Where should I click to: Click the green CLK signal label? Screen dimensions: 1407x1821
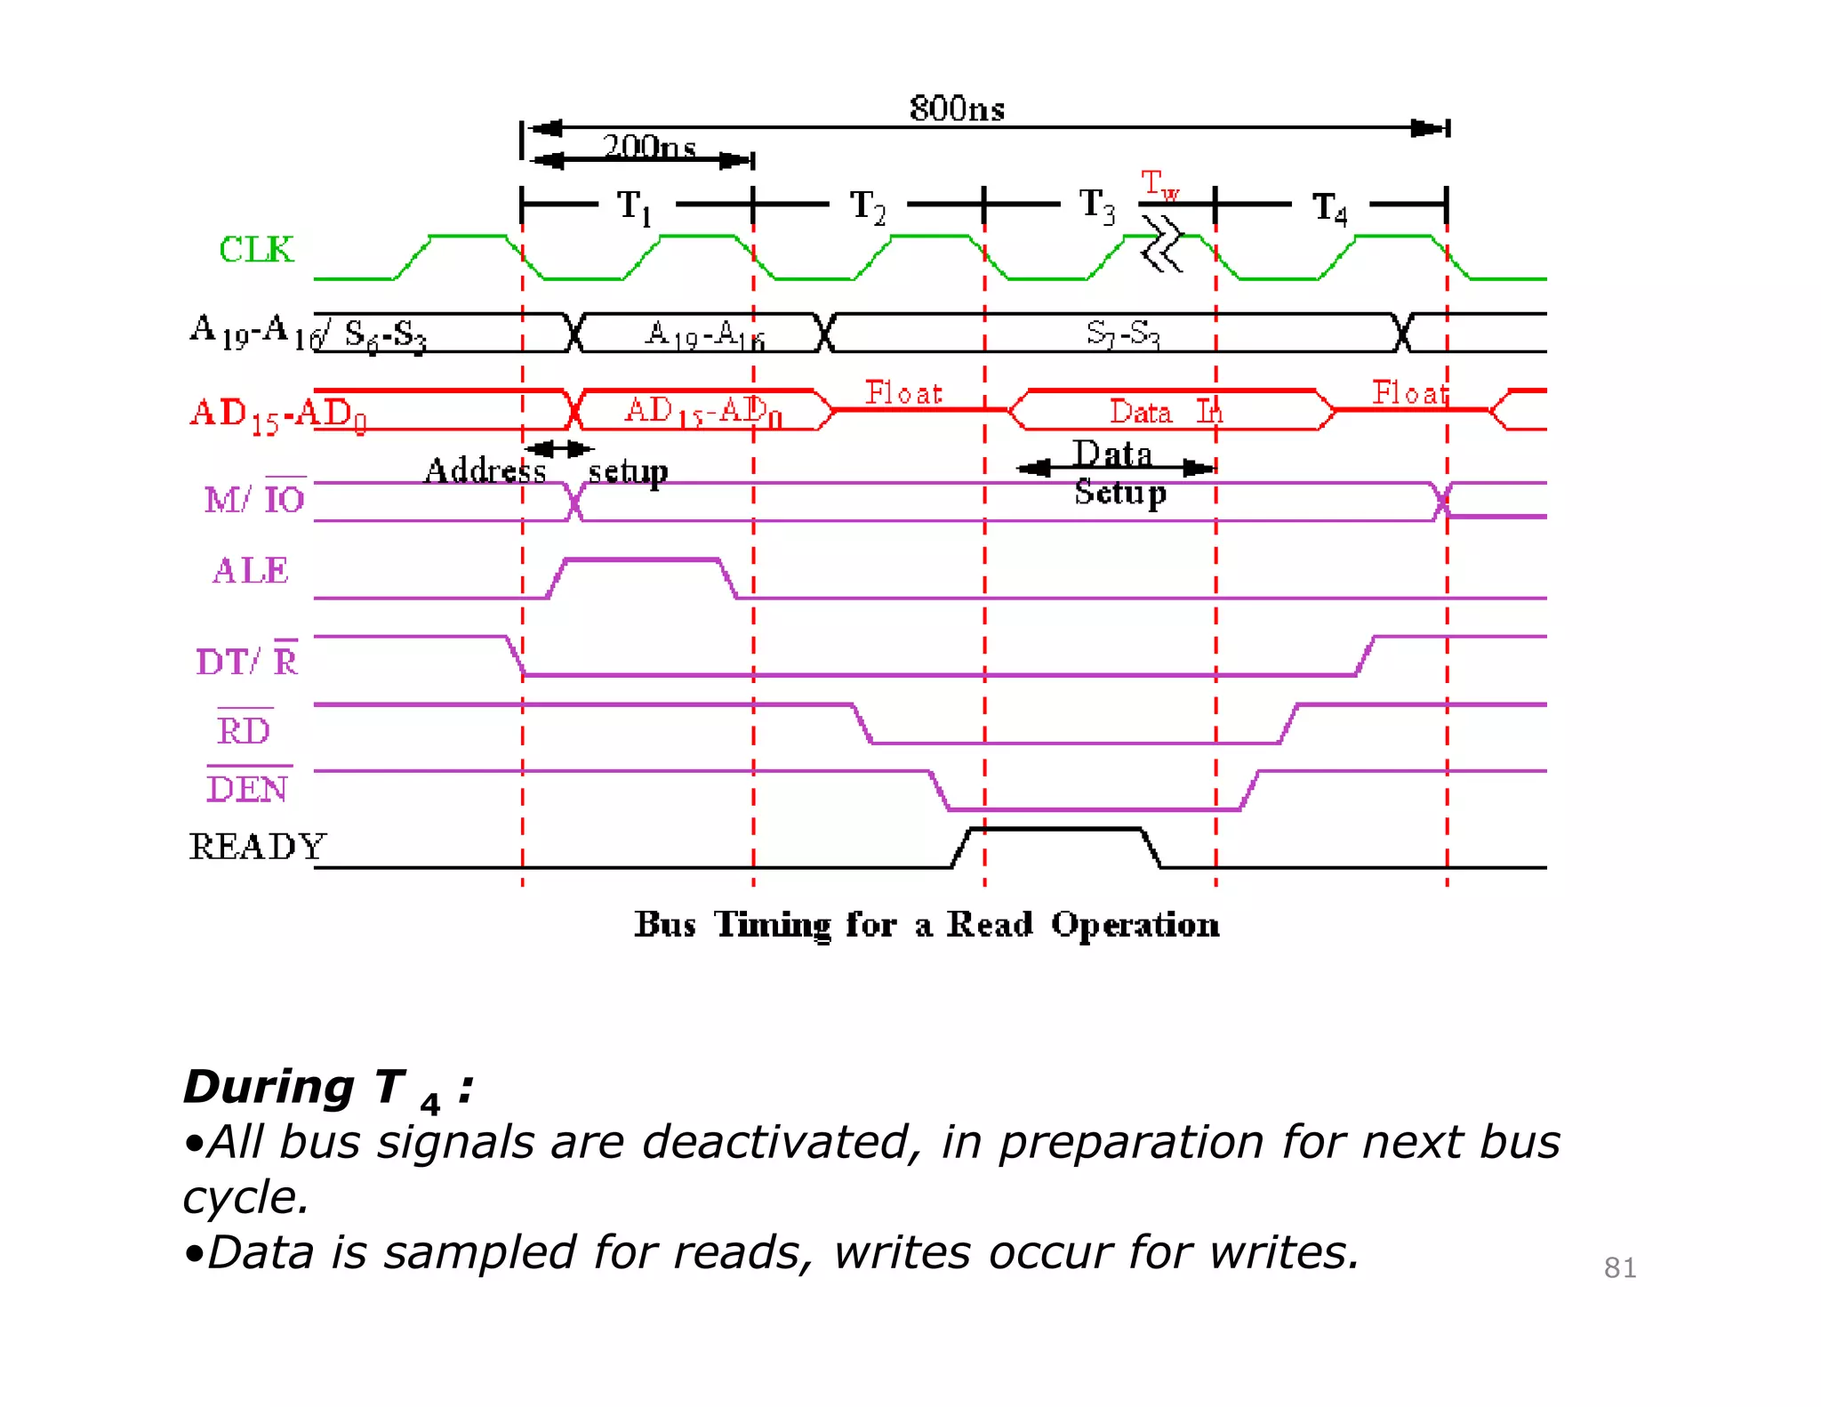256,250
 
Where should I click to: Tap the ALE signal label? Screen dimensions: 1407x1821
251,571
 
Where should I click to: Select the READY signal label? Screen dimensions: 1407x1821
257,847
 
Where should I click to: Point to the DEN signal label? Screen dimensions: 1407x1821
247,789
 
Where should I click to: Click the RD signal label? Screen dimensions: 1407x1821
244,731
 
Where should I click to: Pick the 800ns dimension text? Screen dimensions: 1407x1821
957,109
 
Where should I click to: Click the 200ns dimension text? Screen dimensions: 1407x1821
648,147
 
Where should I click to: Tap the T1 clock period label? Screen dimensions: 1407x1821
635,207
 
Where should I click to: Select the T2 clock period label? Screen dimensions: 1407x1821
868,207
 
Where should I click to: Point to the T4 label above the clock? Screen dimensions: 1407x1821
1330,209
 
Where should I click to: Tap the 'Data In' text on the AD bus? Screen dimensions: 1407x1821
1166,412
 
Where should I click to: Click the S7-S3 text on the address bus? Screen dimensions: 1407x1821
1123,334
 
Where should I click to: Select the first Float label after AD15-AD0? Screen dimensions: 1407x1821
903,393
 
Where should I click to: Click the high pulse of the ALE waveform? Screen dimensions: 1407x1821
642,560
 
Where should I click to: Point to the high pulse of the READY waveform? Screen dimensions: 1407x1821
1055,830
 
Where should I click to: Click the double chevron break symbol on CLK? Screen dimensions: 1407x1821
1162,244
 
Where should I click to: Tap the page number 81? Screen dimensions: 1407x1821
1619,1267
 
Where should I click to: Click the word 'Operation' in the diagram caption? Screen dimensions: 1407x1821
1135,925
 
